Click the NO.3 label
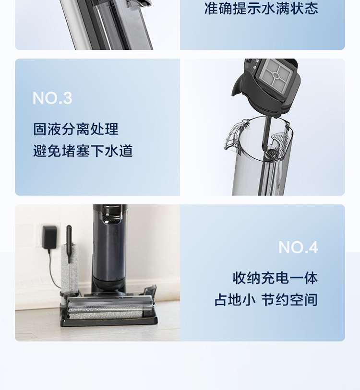52,98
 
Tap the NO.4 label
298,247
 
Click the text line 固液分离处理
76,129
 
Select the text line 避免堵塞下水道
83,151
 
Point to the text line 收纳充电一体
275,278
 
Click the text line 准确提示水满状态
261,8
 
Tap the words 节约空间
289,299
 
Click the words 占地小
235,299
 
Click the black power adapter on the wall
49,237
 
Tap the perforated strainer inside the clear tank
277,146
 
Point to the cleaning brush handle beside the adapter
69,244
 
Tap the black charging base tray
109,319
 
